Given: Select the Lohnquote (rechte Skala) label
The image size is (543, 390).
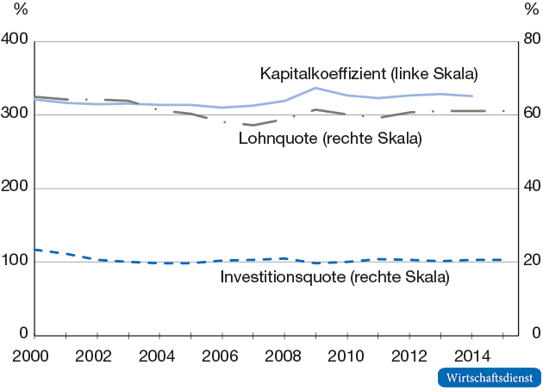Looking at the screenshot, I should tap(330, 139).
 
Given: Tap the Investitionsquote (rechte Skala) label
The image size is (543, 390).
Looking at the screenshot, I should tap(334, 277).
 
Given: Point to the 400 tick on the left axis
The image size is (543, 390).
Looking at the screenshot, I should tap(16, 40).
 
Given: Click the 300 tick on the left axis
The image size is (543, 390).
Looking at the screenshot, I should tap(16, 114).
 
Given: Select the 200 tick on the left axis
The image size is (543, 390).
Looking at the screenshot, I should tap(16, 188).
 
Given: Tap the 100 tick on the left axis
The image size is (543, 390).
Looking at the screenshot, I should tap(16, 261).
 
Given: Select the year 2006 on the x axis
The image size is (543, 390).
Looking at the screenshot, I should tap(222, 356).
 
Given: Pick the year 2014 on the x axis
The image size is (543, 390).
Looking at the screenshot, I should tap(472, 356).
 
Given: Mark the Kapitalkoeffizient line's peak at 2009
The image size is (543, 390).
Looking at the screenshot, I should tap(315, 88).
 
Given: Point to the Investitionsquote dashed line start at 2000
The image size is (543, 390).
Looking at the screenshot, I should tap(35, 250).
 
